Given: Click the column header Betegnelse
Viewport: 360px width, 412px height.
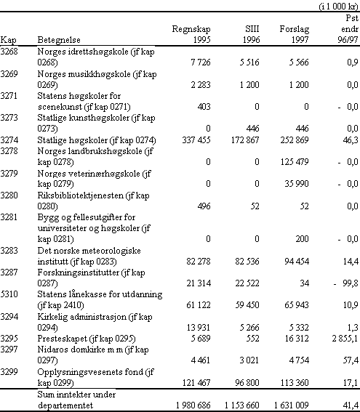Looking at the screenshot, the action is pos(59,40).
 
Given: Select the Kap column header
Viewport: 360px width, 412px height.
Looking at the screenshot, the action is pos(8,40).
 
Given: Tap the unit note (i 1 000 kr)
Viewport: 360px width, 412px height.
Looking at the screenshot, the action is pos(339,7).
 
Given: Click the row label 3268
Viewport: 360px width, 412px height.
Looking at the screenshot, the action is pos(9,52).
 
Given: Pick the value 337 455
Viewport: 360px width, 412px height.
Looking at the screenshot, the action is pos(196,140).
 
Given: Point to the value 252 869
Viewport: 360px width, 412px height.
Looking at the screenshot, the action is pos(295,140).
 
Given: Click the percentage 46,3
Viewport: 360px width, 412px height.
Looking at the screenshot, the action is pos(351,140).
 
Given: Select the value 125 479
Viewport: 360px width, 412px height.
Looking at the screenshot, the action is pos(295,161).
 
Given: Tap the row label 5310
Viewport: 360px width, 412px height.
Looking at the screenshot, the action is pos(9,294).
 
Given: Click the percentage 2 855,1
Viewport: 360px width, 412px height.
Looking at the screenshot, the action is pos(345,339).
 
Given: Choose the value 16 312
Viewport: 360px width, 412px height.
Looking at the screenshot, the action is pos(297,339).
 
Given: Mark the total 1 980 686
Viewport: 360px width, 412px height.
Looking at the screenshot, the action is pos(193,405).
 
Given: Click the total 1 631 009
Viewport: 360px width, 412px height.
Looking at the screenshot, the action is pos(291,405).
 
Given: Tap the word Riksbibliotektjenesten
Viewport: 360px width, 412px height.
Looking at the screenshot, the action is pos(81,195).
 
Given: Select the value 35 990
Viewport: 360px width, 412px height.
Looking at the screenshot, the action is pos(297,183).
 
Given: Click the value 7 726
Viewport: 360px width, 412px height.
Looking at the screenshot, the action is pos(201,62).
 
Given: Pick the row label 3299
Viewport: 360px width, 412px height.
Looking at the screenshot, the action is pos(9,372).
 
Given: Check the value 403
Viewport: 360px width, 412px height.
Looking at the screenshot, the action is pos(204,107).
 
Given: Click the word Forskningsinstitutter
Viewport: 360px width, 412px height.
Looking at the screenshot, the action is pos(79,272).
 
